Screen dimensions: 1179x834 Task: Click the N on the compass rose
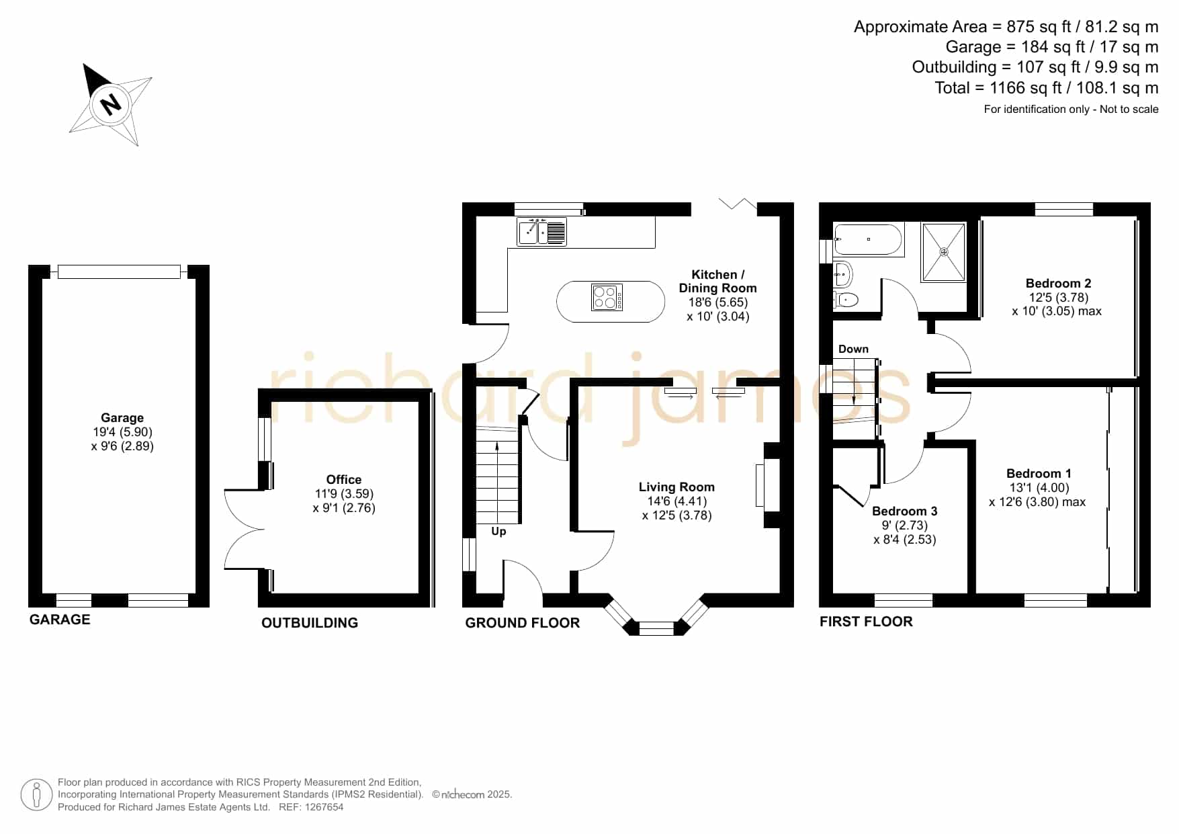pos(110,104)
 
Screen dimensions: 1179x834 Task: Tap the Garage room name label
pos(122,417)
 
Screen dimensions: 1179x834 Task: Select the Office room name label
pos(344,479)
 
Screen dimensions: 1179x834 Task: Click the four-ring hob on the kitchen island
pos(607,297)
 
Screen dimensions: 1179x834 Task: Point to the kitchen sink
pos(541,232)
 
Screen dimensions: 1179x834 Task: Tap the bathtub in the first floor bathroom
pos(867,240)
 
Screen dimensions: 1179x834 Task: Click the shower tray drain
pos(944,252)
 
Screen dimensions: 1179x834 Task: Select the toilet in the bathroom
pos(846,299)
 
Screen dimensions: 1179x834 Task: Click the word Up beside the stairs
pos(498,532)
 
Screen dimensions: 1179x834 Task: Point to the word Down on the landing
pos(853,349)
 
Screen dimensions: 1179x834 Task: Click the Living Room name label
pos(676,487)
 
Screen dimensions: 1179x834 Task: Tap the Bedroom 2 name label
pos(1058,283)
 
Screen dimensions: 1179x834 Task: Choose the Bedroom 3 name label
pos(904,511)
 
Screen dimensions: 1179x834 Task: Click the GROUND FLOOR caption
pos(523,623)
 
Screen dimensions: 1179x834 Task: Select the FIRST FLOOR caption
pos(866,622)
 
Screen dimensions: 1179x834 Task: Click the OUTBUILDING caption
pos(310,623)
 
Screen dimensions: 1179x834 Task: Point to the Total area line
pos(1046,88)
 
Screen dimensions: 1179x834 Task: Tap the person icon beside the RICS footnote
pos(36,795)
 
